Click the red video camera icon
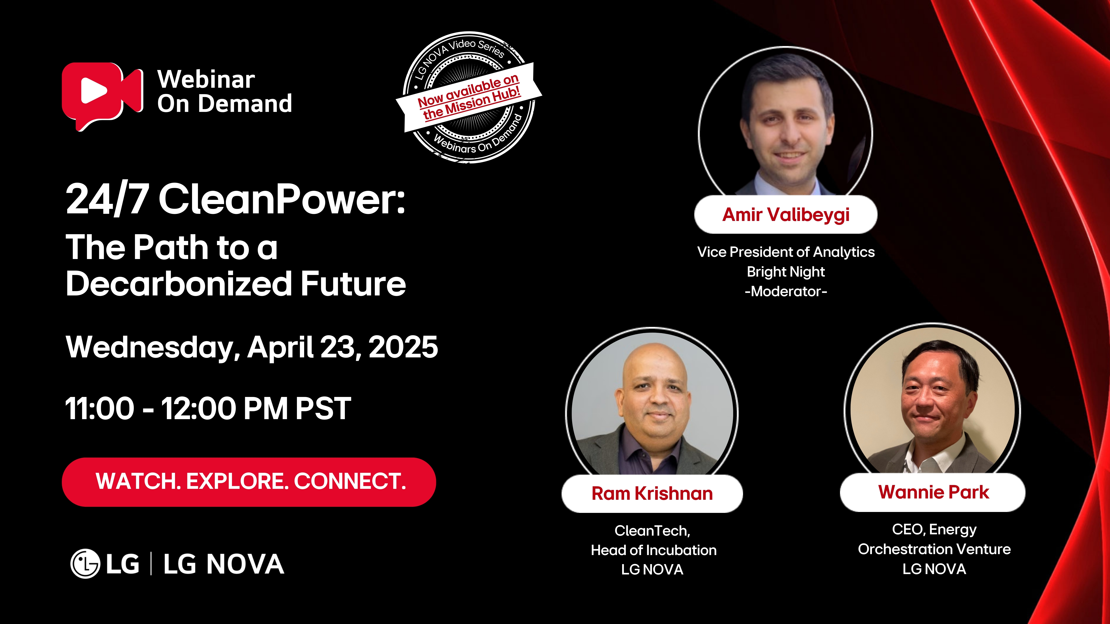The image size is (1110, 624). coord(102,96)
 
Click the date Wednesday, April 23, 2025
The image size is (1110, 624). coord(252,347)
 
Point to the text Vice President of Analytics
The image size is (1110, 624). coord(786,252)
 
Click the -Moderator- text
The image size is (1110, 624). coord(786,292)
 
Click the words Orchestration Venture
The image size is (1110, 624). coord(934,549)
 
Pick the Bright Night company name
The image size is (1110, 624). coord(786,272)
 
